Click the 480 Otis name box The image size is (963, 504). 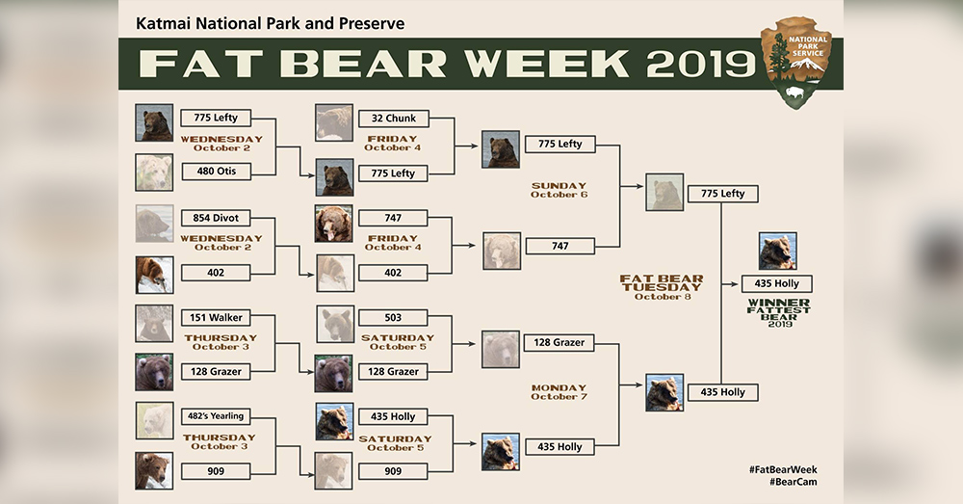click(x=216, y=172)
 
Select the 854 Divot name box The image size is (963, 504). click(x=216, y=218)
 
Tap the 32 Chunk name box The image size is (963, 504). click(x=394, y=118)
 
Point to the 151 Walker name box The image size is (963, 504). click(x=216, y=318)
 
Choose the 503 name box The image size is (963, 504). click(x=393, y=318)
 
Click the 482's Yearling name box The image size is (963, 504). click(x=216, y=416)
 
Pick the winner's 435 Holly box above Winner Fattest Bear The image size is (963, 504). click(x=777, y=283)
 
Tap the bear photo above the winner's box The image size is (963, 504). click(x=777, y=251)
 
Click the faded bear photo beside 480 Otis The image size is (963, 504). click(x=154, y=172)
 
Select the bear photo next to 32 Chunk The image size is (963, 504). click(x=334, y=122)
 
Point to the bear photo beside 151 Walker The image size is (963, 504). click(x=154, y=323)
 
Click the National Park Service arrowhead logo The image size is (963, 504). click(x=796, y=62)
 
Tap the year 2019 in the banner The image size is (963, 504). click(x=701, y=64)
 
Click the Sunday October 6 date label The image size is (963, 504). click(x=559, y=190)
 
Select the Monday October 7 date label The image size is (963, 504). click(x=559, y=392)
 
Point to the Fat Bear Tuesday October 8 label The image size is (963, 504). click(x=663, y=287)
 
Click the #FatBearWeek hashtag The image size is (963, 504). click(x=783, y=469)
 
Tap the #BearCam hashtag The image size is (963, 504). click(x=793, y=482)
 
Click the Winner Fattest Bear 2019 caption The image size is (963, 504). click(x=779, y=313)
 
